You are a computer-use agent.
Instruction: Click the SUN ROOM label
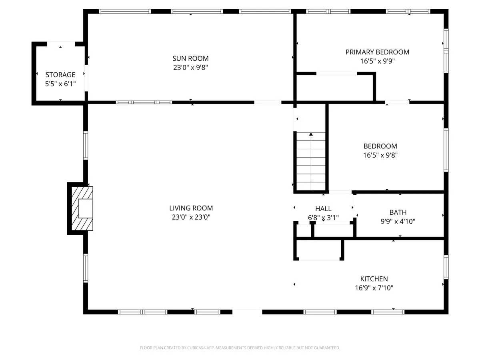pyautogui.click(x=190, y=58)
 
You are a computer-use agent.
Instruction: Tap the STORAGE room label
pyautogui.click(x=60, y=75)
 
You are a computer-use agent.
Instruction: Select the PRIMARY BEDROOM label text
pyautogui.click(x=377, y=52)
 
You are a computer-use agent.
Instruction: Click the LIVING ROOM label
pyautogui.click(x=191, y=208)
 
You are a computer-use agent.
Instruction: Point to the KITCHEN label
pyautogui.click(x=374, y=279)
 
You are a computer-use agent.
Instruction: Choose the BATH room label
pyautogui.click(x=398, y=212)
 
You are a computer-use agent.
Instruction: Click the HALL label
pyautogui.click(x=323, y=209)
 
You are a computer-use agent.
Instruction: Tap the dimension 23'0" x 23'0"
pyautogui.click(x=191, y=217)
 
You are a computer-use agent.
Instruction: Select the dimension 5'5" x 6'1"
pyautogui.click(x=60, y=84)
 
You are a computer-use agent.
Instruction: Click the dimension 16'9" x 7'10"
pyautogui.click(x=374, y=288)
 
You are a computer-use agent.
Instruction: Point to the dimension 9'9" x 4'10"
pyautogui.click(x=398, y=222)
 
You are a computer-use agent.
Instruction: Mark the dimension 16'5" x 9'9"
pyautogui.click(x=377, y=61)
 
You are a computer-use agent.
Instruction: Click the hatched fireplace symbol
pyautogui.click(x=82, y=208)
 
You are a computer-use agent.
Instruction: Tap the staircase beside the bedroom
pyautogui.click(x=311, y=161)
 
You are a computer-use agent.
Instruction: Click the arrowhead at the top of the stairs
pyautogui.click(x=311, y=134)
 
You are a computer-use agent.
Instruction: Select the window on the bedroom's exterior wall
pyautogui.click(x=446, y=150)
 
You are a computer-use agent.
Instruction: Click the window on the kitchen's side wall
pyautogui.click(x=446, y=267)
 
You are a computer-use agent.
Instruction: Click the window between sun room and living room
pyautogui.click(x=144, y=102)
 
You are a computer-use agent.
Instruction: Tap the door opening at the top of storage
pyautogui.click(x=61, y=44)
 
